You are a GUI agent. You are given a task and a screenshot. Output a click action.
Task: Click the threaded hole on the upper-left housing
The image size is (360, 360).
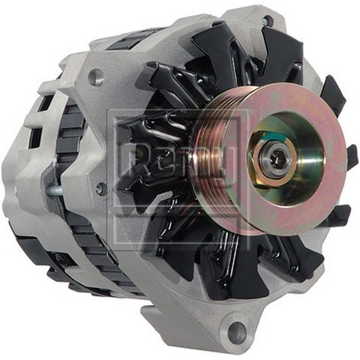95,76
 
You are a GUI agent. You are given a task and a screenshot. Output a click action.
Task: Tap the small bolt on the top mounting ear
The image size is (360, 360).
267,21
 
